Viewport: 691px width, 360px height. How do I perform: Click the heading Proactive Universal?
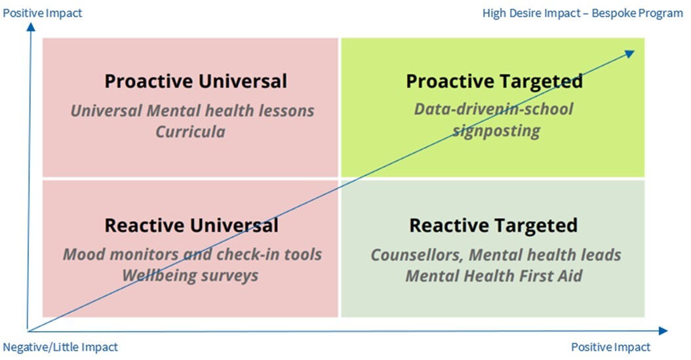(x=195, y=81)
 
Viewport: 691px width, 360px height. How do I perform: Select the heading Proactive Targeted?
(x=494, y=81)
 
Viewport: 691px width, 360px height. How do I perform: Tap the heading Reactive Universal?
(x=191, y=226)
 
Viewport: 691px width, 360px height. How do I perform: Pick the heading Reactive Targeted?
(x=493, y=226)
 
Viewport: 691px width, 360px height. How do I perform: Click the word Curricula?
(x=190, y=132)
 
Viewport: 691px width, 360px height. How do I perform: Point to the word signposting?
(x=496, y=130)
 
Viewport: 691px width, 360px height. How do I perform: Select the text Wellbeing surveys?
(x=190, y=275)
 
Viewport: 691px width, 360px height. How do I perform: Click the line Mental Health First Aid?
(x=494, y=275)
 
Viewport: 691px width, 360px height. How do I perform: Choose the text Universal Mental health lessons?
(x=192, y=110)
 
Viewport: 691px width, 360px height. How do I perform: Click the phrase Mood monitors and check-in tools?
(x=192, y=254)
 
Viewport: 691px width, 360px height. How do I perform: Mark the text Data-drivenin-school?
(x=493, y=109)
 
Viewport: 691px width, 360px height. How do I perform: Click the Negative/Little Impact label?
(x=61, y=347)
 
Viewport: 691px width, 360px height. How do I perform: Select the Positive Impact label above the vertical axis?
(x=43, y=13)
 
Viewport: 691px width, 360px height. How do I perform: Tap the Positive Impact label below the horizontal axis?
(x=610, y=347)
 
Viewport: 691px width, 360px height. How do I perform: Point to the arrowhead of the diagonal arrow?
(x=630, y=53)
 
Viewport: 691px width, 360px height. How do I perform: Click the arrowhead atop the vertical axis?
(x=29, y=28)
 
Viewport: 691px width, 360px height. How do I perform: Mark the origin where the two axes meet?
(x=29, y=330)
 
